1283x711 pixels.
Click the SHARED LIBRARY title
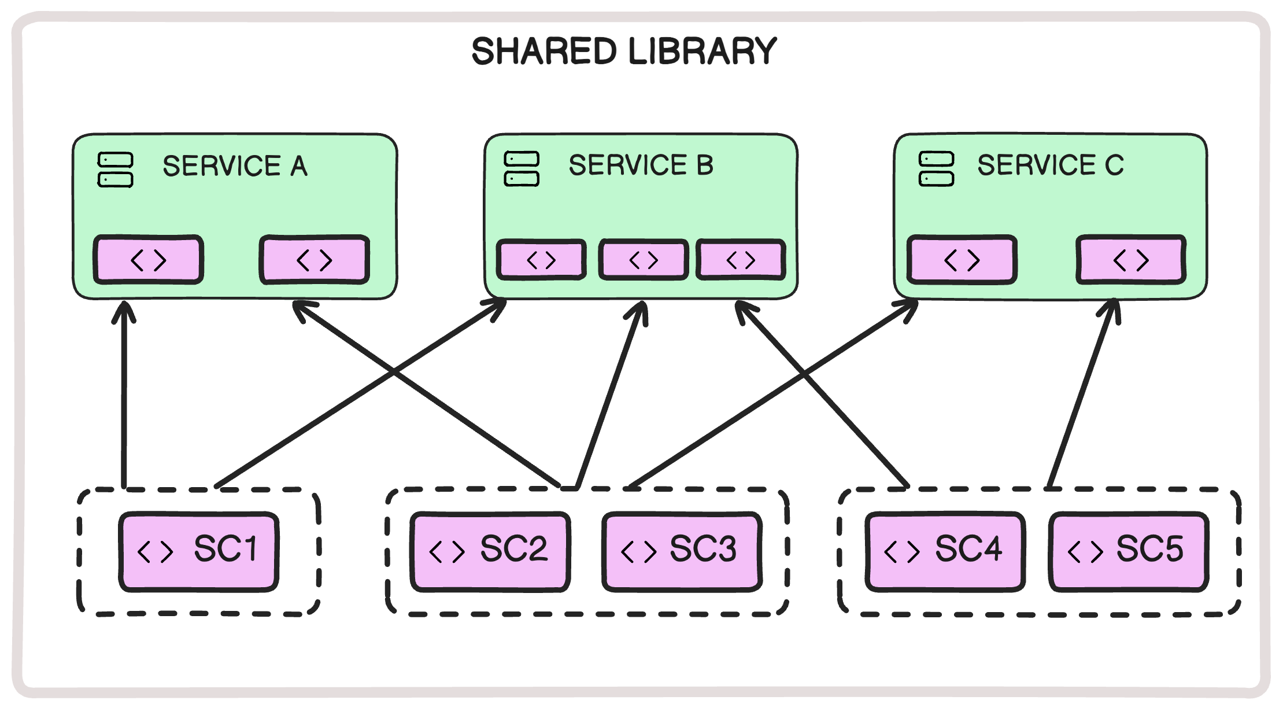point(624,51)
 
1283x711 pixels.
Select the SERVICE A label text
point(235,166)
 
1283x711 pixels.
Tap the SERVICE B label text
point(641,165)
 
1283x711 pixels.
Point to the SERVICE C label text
point(1050,165)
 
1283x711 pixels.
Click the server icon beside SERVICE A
point(116,170)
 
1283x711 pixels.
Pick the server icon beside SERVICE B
point(522,169)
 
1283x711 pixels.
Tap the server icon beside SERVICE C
point(936,169)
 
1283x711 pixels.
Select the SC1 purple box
point(199,551)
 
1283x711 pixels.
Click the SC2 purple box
point(490,551)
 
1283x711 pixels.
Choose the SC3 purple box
point(682,551)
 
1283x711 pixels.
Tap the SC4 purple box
point(945,551)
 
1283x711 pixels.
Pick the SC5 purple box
point(1128,551)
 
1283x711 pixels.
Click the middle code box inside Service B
point(644,260)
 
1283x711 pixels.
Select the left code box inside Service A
point(149,260)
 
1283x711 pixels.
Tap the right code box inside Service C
point(1130,260)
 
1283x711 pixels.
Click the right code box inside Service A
point(314,260)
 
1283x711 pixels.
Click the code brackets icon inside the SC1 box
point(155,551)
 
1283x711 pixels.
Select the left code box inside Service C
point(962,260)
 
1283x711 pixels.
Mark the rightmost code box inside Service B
point(741,260)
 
